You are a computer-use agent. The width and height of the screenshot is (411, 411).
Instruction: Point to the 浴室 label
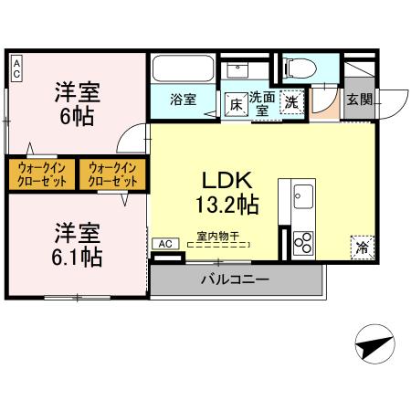click(184, 100)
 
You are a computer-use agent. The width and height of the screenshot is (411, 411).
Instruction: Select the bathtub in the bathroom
click(182, 69)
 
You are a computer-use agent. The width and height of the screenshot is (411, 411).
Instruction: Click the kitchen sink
click(302, 196)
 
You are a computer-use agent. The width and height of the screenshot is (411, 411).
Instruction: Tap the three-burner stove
click(302, 243)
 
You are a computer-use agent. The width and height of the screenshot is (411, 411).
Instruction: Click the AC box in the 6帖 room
click(16, 66)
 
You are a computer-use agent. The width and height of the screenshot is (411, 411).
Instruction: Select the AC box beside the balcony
click(166, 244)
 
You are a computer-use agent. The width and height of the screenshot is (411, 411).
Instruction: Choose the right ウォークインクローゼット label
click(111, 174)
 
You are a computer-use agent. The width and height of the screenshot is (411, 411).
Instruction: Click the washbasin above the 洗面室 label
click(241, 68)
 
